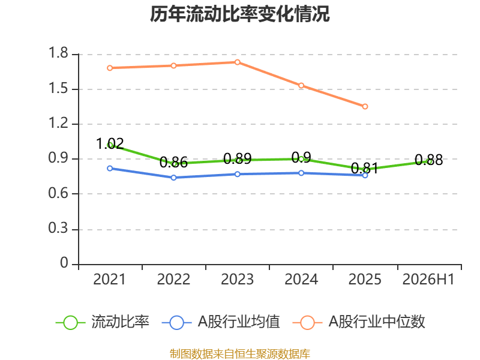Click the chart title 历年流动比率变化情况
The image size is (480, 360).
pos(239,14)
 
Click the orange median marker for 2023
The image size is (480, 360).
pos(237,62)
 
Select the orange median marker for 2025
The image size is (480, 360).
pos(365,107)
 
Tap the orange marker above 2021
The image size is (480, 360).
pos(110,68)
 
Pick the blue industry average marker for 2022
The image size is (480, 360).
pos(173,178)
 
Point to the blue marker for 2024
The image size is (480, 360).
pos(301,173)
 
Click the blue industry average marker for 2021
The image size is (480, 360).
pos(110,169)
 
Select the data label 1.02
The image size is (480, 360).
pos(110,143)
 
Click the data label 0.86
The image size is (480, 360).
pos(173,162)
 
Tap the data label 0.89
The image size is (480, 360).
pos(237,158)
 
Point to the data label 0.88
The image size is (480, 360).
pos(428,160)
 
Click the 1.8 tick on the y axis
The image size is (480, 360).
pos(58,53)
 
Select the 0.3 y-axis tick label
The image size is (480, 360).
pos(58,228)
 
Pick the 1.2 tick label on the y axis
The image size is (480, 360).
pos(58,123)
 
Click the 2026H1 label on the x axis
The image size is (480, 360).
pos(428,280)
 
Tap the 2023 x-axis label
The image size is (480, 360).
pos(237,280)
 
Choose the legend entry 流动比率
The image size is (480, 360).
pos(103,322)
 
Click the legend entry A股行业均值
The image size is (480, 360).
pos(221,322)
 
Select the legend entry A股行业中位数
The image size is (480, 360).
pos(359,322)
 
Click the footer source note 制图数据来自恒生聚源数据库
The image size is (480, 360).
pos(240,354)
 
